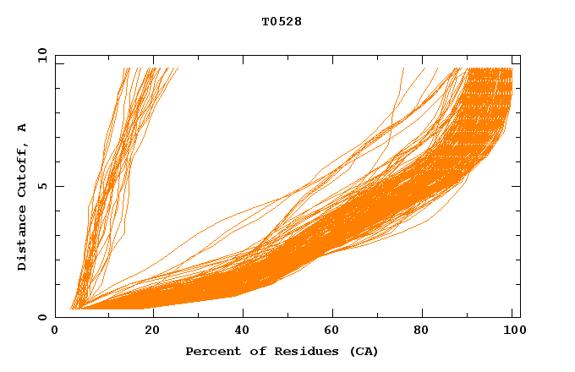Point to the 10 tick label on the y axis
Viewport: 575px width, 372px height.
[42, 56]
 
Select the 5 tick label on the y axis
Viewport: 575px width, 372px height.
[42, 187]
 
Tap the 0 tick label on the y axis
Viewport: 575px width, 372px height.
[42, 318]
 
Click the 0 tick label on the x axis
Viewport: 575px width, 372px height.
[55, 331]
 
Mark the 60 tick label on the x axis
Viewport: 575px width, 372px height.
[331, 331]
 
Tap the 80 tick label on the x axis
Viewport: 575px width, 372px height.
[423, 331]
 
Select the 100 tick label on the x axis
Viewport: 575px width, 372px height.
[512, 331]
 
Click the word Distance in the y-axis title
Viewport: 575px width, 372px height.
[23, 240]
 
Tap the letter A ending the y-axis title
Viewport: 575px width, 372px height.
[23, 128]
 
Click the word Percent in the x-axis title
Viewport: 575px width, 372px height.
[211, 351]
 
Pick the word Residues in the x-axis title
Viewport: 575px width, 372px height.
[296, 351]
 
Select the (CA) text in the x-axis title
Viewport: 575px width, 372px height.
[362, 351]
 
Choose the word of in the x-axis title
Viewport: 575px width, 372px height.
[254, 351]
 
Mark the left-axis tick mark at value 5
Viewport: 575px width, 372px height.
[58, 187]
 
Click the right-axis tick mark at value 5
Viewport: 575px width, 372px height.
[517, 187]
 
